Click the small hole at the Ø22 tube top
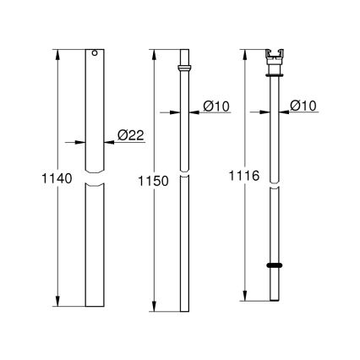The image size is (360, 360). coord(95,55)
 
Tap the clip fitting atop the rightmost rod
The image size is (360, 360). coord(275,58)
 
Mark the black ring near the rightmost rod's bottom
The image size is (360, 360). coord(275,265)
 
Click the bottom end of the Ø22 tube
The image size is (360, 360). coord(95,306)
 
